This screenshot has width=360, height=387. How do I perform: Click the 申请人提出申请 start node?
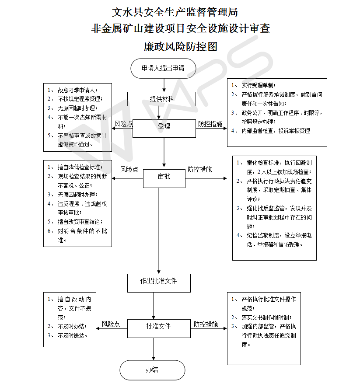163,68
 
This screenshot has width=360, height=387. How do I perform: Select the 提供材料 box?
162,99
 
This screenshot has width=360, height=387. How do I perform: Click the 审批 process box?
164,177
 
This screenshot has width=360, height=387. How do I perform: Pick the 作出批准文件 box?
159,281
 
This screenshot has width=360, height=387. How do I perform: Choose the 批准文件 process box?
158,326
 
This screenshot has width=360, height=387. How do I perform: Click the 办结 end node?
152,370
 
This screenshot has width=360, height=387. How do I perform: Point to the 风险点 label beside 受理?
124,124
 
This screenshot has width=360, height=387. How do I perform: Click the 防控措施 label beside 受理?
210,124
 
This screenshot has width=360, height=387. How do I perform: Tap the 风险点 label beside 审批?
129,169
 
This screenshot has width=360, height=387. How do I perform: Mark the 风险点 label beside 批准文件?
111,324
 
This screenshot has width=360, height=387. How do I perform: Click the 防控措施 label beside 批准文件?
206,324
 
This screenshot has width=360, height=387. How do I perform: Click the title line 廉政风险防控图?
180,46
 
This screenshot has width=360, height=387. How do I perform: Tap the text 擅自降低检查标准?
80,167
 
